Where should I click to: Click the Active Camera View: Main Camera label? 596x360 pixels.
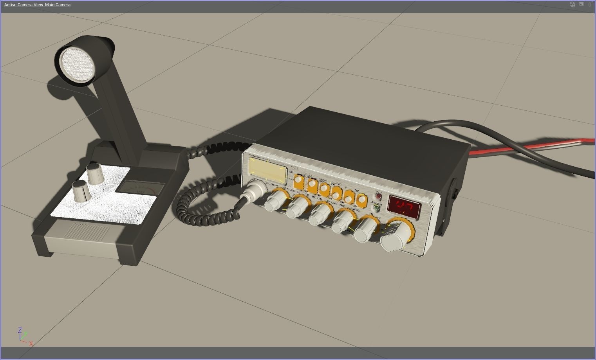[38, 5]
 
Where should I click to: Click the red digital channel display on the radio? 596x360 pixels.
[404, 205]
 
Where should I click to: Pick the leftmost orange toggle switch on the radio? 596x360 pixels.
[298, 180]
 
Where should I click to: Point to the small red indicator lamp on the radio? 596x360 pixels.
[379, 196]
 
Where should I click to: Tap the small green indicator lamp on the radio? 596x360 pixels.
[376, 207]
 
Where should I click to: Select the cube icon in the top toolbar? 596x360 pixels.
[572, 5]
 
